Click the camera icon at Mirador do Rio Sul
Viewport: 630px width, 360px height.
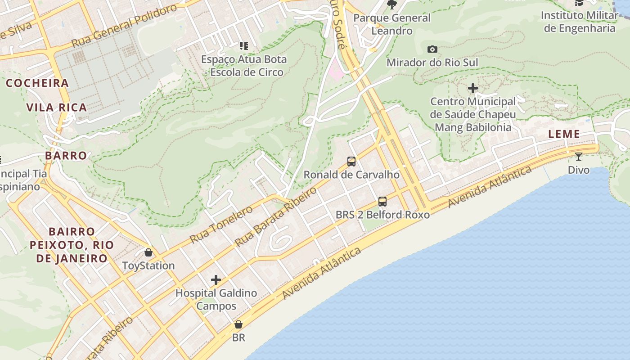pyautogui.click(x=432, y=49)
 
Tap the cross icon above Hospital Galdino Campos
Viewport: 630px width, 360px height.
pyautogui.click(x=216, y=280)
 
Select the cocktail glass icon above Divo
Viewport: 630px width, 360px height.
pyautogui.click(x=579, y=157)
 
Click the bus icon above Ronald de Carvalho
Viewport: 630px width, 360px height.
pyautogui.click(x=351, y=161)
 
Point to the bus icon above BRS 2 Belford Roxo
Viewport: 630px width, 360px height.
pyautogui.click(x=382, y=201)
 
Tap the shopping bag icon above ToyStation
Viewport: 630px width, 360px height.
pyautogui.click(x=148, y=252)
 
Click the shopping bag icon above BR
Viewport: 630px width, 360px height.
pyautogui.click(x=238, y=324)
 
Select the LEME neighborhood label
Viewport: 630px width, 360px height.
pyautogui.click(x=564, y=134)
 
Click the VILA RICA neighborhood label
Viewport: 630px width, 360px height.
pyautogui.click(x=57, y=108)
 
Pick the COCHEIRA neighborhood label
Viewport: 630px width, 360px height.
pyautogui.click(x=37, y=83)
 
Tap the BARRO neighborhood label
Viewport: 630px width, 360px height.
pyautogui.click(x=66, y=156)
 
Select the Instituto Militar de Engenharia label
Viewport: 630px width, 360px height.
pyautogui.click(x=579, y=22)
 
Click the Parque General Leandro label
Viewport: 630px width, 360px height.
pyautogui.click(x=392, y=24)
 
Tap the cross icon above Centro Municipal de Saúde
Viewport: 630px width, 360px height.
pyautogui.click(x=472, y=88)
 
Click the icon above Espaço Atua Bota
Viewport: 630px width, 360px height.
pyautogui.click(x=244, y=45)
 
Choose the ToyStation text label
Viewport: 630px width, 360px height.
pyautogui.click(x=148, y=265)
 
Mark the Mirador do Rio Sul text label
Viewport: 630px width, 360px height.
pyautogui.click(x=432, y=63)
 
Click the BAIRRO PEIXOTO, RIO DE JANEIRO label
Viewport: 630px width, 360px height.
pyautogui.click(x=72, y=245)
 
